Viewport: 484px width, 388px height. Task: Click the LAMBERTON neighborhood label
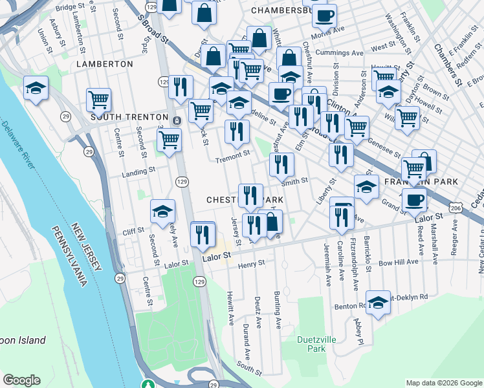[x=104, y=64]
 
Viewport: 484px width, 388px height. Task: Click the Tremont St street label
[x=232, y=155]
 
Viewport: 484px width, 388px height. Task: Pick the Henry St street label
[x=251, y=264]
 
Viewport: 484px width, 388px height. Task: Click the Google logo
[x=21, y=380]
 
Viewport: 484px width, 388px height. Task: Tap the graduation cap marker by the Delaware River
[x=36, y=89]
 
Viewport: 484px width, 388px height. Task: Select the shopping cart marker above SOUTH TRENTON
[x=98, y=100]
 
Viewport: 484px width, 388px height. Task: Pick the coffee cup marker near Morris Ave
[x=324, y=16]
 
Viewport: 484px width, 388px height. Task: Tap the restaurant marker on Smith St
[x=281, y=165]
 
